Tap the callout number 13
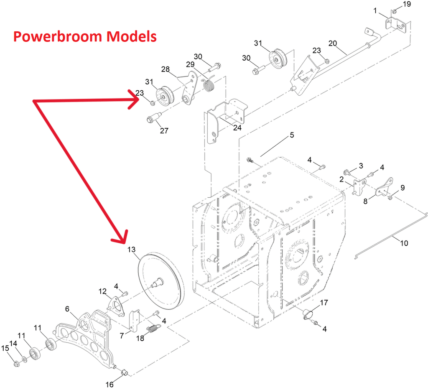tap(132, 250)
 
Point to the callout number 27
tap(164, 131)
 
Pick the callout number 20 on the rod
tap(333, 43)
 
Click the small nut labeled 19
tap(394, 12)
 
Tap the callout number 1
tap(375, 10)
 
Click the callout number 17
tap(324, 303)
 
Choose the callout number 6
tap(67, 308)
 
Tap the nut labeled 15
tap(16, 364)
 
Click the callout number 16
tap(110, 385)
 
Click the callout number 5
tap(292, 135)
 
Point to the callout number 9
tap(403, 188)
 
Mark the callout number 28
tap(165, 69)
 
